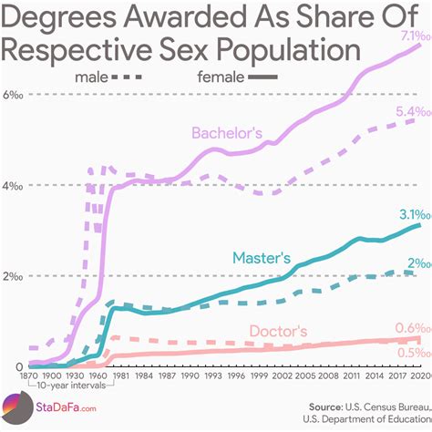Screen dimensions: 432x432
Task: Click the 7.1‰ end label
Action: [406, 35]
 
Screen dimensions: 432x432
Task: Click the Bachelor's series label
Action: [226, 134]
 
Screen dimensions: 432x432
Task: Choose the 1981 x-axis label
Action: [119, 375]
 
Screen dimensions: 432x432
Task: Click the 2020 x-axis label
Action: [420, 375]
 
